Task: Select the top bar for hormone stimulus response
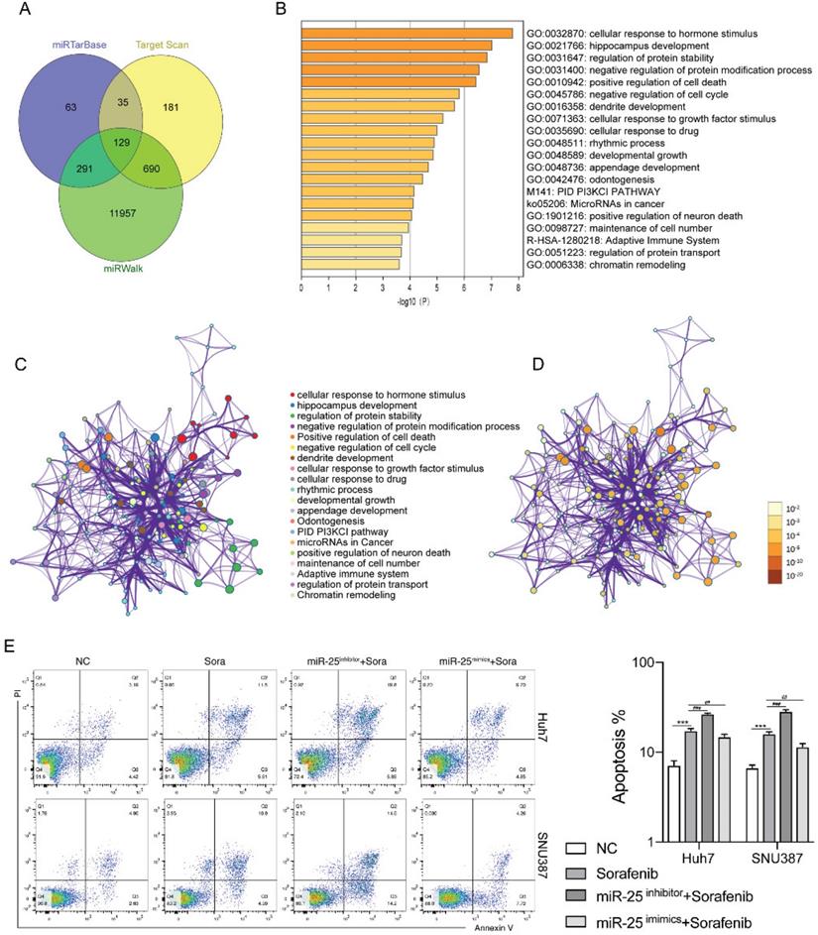(407, 33)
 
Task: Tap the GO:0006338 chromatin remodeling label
(600, 265)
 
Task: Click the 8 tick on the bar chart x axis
(519, 287)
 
